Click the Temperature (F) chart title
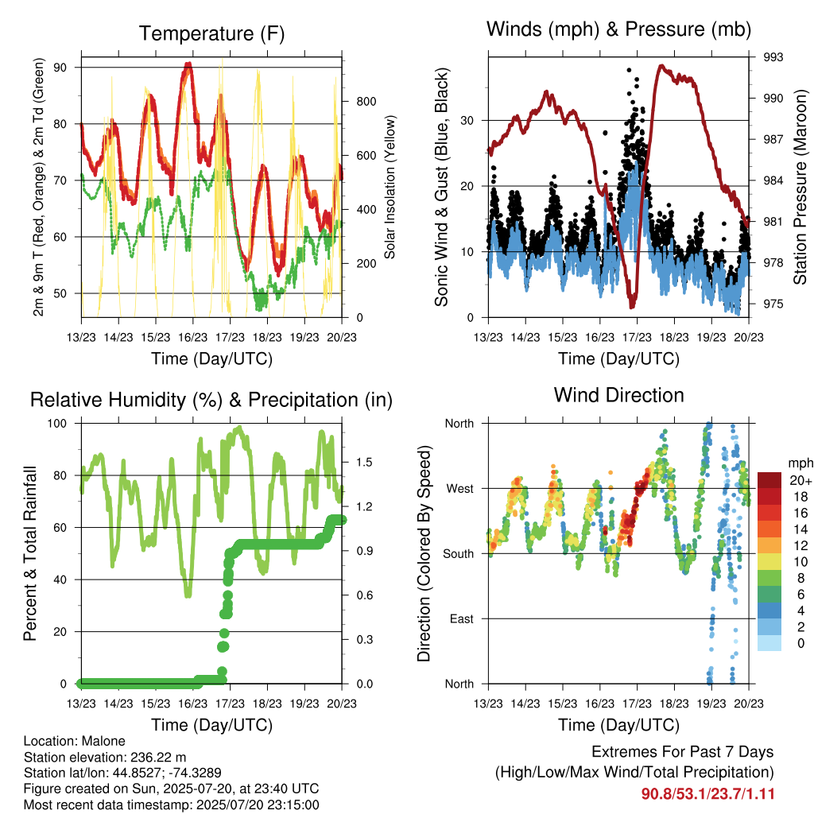pos(211,33)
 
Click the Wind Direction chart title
pos(618,396)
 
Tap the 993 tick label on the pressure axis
pos(773,57)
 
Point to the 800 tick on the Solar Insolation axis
pos(366,101)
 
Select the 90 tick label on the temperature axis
pos(60,68)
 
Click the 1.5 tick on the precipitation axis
pos(364,462)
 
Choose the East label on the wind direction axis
pos(462,618)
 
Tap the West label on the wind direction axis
pos(460,489)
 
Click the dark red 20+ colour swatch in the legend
pos(769,480)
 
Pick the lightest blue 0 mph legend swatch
pos(769,643)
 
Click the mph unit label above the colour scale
pos(800,463)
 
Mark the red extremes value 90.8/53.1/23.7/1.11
pos(707,794)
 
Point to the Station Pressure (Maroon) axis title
pos(800,187)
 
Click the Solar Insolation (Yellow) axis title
pos(390,187)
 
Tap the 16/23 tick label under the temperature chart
pos(192,337)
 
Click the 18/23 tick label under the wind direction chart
pos(674,704)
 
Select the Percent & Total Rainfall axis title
pos(30,553)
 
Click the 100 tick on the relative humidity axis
pos(57,424)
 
